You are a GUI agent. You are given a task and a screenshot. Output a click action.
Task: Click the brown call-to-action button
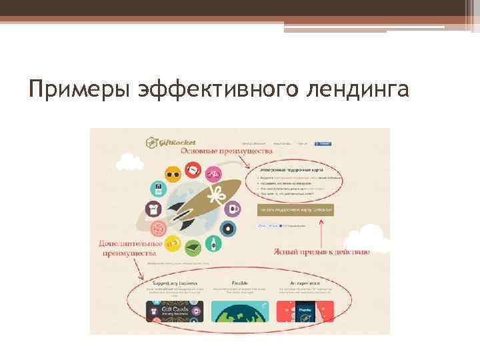295,209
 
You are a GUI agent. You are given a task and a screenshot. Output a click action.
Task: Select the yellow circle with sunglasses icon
173,174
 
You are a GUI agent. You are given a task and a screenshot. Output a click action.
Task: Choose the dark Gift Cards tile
175,311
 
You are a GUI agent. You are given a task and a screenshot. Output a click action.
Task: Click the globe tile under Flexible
240,311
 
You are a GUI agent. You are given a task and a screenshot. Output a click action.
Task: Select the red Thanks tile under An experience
305,311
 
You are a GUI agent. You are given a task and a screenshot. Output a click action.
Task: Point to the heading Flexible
240,283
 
